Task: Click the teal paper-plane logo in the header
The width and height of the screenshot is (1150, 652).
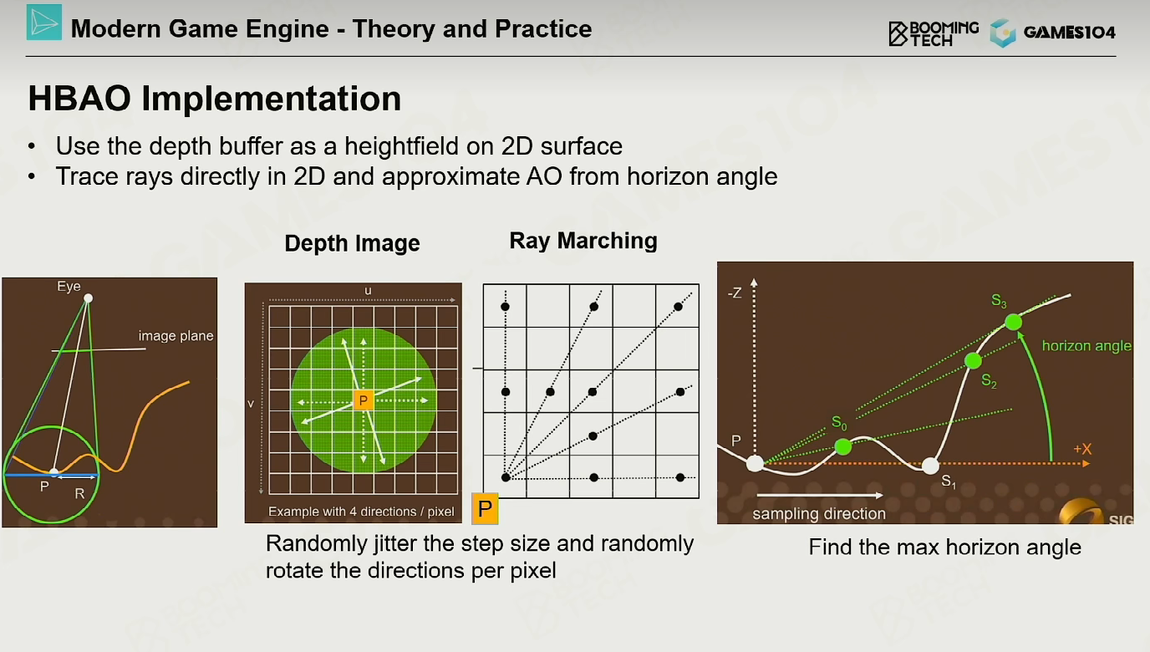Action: [x=44, y=22]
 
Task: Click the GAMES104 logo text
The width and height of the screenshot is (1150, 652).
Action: [x=1070, y=33]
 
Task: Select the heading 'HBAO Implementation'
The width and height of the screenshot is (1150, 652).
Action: [x=215, y=98]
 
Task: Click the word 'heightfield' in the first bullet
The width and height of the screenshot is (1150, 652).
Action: [x=401, y=146]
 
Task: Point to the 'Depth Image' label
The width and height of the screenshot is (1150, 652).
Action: [x=352, y=243]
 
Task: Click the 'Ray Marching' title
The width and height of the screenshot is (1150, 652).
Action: [x=583, y=241]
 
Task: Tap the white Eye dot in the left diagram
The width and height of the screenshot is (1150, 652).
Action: [x=89, y=298]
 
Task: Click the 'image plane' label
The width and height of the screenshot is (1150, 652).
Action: [x=176, y=336]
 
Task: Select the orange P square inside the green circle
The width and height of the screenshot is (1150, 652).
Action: [x=364, y=400]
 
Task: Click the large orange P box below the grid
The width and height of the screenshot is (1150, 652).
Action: [x=485, y=508]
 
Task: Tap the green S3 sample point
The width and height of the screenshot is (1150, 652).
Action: [x=1014, y=323]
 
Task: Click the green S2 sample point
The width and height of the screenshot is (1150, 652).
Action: [x=974, y=361]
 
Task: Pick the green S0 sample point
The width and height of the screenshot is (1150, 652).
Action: [x=843, y=446]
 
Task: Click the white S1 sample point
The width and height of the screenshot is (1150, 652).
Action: [x=930, y=466]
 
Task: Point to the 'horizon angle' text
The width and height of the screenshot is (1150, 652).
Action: [x=1086, y=346]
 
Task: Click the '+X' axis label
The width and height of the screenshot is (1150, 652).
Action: [x=1082, y=449]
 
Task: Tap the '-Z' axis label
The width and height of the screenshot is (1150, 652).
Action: [x=735, y=293]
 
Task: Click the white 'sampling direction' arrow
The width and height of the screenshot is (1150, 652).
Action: [x=820, y=496]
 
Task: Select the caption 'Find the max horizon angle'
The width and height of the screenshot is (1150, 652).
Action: [x=944, y=548]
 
